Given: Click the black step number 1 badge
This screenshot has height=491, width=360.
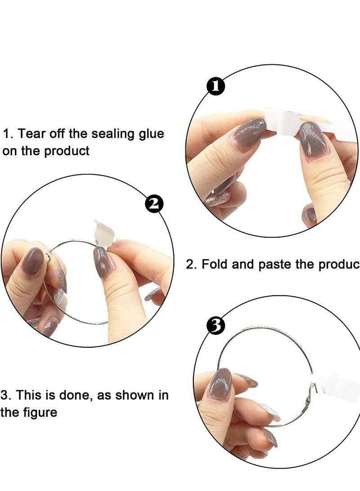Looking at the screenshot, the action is [x=216, y=86].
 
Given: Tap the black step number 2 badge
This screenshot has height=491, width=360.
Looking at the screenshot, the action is [x=154, y=204].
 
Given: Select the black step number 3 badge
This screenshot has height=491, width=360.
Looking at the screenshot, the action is [x=216, y=325].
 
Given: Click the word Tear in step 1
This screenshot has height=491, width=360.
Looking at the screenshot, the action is [x=30, y=134].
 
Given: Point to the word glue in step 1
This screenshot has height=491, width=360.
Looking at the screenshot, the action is [x=152, y=134].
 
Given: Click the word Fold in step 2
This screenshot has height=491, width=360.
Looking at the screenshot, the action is [x=215, y=264].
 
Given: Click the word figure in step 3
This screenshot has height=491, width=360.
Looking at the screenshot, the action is [x=39, y=413].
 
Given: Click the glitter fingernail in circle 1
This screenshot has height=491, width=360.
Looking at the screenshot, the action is [x=218, y=199].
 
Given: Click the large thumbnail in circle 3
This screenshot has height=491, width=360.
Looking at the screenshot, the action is [x=220, y=384].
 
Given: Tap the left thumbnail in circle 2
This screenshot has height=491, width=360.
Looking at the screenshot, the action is [x=33, y=262].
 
